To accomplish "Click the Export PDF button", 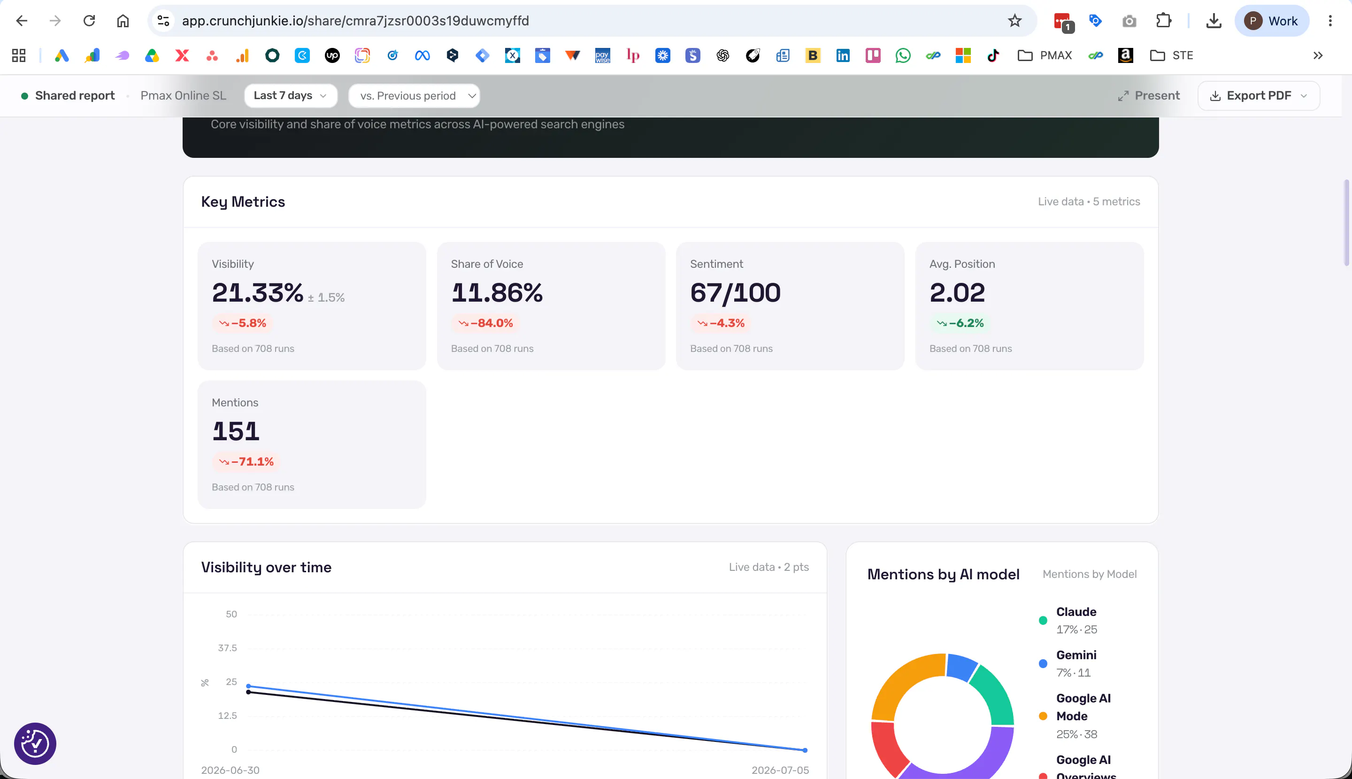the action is [x=1259, y=96].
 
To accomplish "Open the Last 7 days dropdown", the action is [x=290, y=96].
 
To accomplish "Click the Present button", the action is [x=1148, y=96].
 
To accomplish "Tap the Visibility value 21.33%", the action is [x=258, y=293].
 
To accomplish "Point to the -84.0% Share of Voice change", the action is [x=486, y=323].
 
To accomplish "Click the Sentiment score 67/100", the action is [x=735, y=293].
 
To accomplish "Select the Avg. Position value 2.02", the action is [x=957, y=293].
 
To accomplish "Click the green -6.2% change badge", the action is [x=960, y=323].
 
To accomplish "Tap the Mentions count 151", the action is [x=236, y=431].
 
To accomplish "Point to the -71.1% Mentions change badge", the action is [x=246, y=462].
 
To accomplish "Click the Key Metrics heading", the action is [x=243, y=202].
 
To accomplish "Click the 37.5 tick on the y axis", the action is [x=227, y=648].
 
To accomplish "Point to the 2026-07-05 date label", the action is [x=780, y=770].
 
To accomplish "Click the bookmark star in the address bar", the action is [x=1014, y=21].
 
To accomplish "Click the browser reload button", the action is [x=89, y=21].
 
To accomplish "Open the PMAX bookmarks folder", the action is [x=1045, y=55].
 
